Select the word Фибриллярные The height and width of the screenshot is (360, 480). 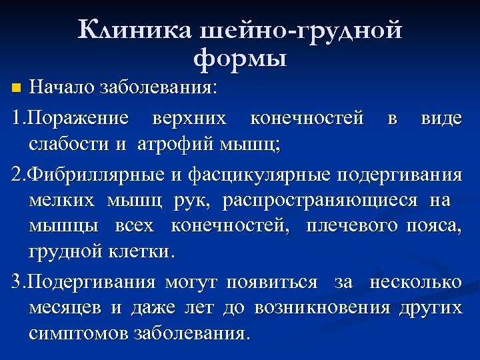90,175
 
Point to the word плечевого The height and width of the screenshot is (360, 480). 353,226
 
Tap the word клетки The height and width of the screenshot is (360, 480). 145,252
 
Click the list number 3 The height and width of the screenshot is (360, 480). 17,282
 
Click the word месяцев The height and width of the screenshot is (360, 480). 65,307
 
